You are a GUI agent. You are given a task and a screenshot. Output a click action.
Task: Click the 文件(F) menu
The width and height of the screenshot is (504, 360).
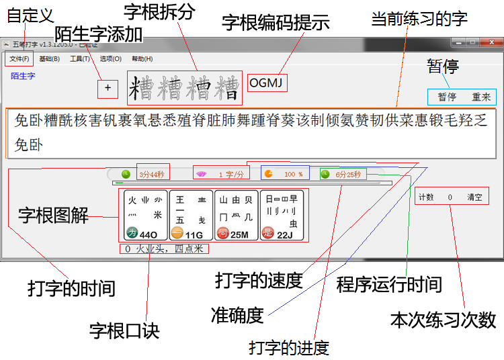(18, 58)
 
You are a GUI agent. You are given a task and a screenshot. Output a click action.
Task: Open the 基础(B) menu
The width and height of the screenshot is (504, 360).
(49, 58)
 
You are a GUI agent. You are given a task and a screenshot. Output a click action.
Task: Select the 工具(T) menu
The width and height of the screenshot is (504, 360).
(80, 58)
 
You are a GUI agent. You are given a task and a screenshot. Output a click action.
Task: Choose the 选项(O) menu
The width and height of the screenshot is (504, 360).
(110, 58)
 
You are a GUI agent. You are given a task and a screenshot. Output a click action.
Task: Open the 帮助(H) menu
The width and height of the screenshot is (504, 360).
(142, 58)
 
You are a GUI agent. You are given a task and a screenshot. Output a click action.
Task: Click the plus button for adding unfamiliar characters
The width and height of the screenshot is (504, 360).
(108, 87)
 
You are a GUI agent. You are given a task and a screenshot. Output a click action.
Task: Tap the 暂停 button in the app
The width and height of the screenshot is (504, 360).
(447, 97)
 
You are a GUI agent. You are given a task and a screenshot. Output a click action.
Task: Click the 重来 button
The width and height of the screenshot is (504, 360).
(481, 97)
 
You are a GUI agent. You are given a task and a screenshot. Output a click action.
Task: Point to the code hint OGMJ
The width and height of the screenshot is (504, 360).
(267, 83)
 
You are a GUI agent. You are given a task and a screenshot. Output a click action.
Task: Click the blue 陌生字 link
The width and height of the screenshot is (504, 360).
(23, 76)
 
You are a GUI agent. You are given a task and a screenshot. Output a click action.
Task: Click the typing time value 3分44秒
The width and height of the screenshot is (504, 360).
(152, 175)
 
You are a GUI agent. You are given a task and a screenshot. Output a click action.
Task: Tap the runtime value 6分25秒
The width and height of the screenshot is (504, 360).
(348, 175)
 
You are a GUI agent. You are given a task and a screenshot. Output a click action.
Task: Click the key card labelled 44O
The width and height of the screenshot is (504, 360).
(142, 215)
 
